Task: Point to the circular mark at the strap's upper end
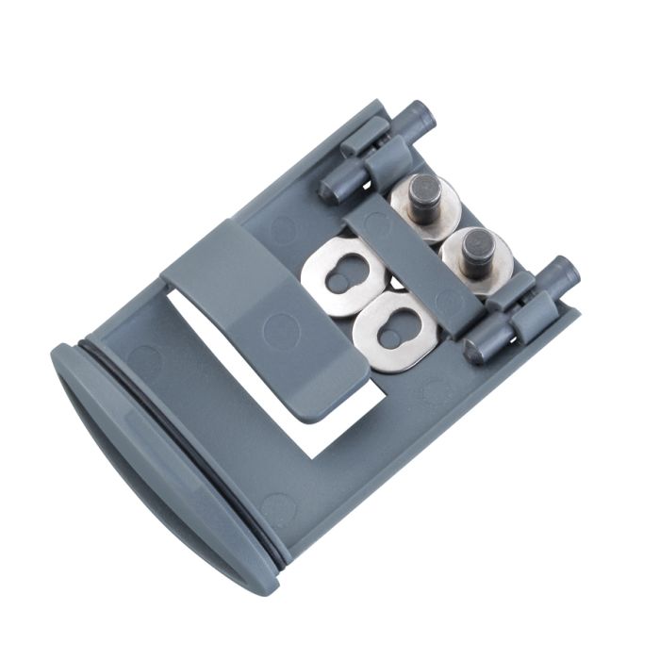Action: click(374, 224)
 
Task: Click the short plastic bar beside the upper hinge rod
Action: click(363, 137)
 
